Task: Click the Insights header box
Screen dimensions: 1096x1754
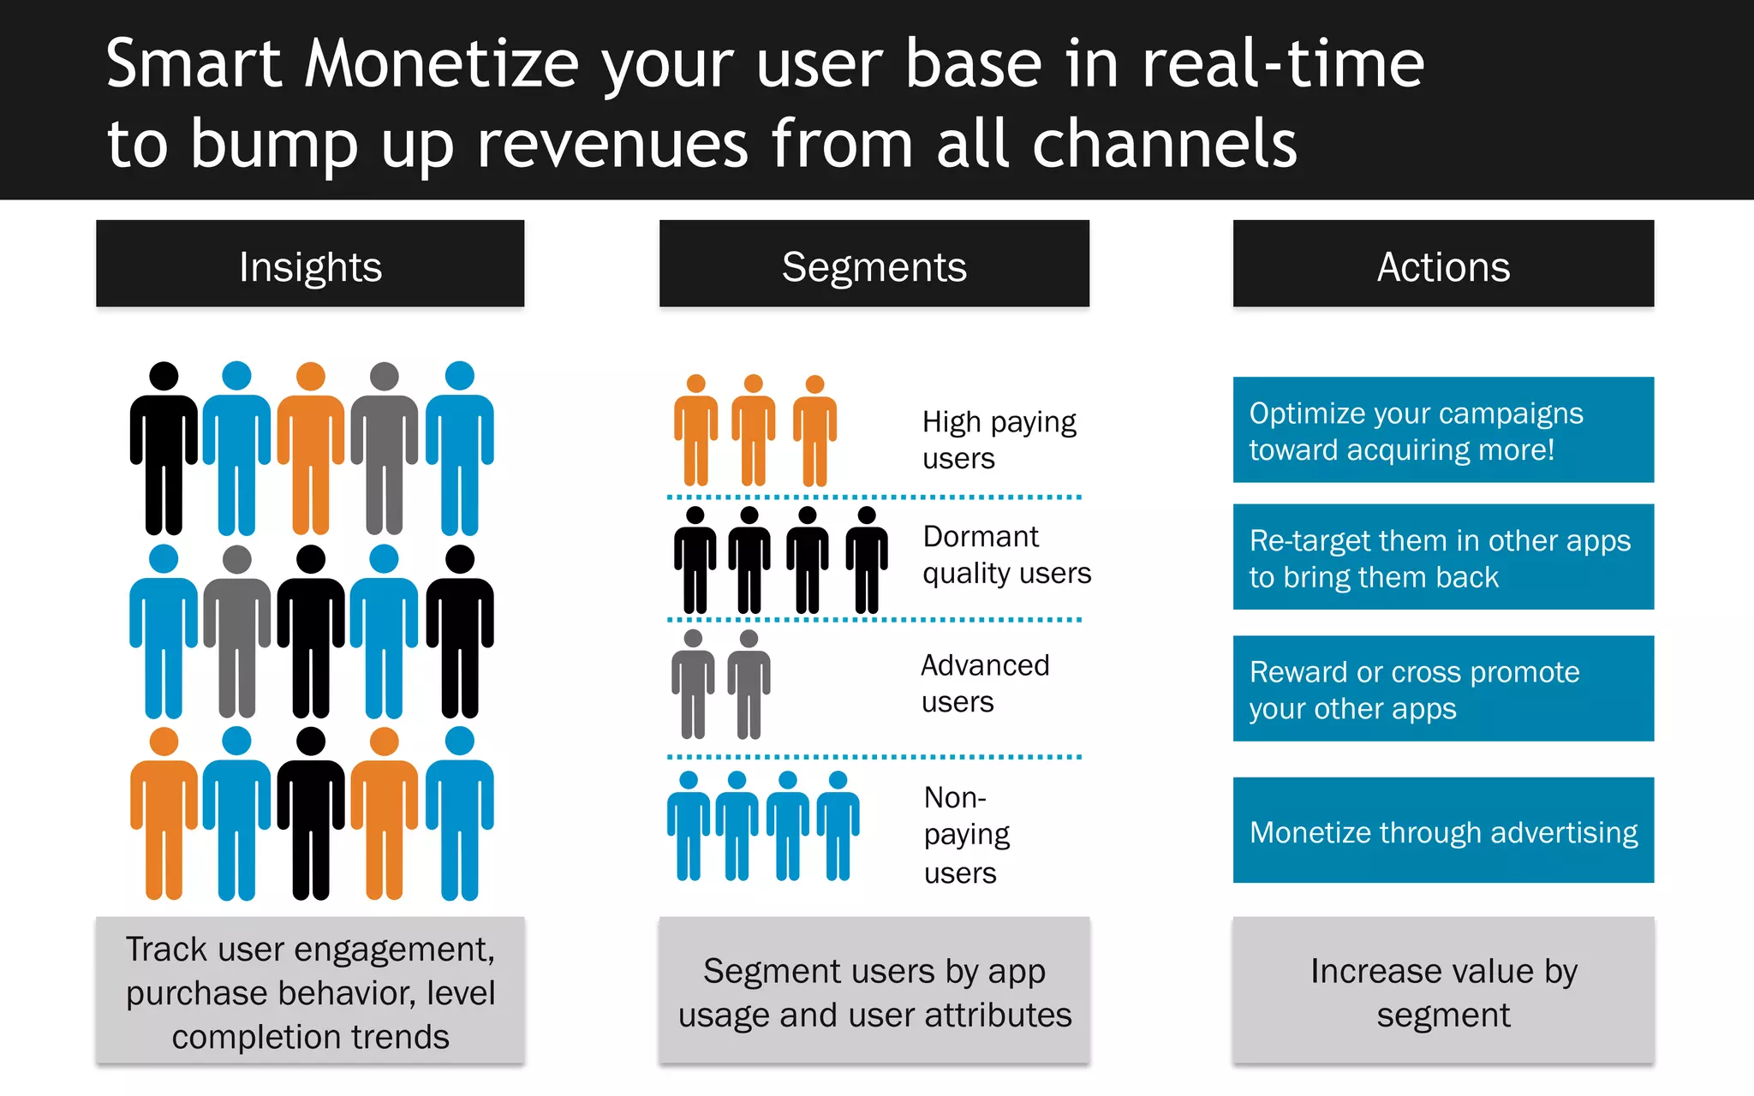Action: click(x=310, y=264)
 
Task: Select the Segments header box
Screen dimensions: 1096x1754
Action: click(x=874, y=264)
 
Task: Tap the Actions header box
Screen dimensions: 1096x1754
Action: click(x=1443, y=264)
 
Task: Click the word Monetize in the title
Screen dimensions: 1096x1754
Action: click(x=442, y=65)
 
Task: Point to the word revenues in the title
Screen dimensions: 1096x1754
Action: click(x=612, y=144)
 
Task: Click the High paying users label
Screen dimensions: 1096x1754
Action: click(x=999, y=440)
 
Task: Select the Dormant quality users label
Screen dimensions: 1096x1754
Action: click(x=1006, y=555)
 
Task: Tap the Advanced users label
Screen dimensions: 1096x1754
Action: click(x=985, y=683)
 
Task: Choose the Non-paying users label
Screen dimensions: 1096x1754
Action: click(x=966, y=835)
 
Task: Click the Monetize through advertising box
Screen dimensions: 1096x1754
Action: click(x=1443, y=831)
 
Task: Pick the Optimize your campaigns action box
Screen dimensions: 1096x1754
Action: click(x=1443, y=431)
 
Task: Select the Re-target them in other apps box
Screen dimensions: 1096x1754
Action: click(x=1443, y=557)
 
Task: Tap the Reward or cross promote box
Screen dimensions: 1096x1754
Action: click(x=1443, y=689)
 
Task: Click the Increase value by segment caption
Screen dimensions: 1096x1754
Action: click(x=1443, y=992)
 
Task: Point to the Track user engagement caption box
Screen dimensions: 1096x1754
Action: click(x=310, y=992)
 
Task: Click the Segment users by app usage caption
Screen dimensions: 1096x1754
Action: click(x=874, y=992)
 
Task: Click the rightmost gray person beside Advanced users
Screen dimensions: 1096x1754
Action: click(x=749, y=685)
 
